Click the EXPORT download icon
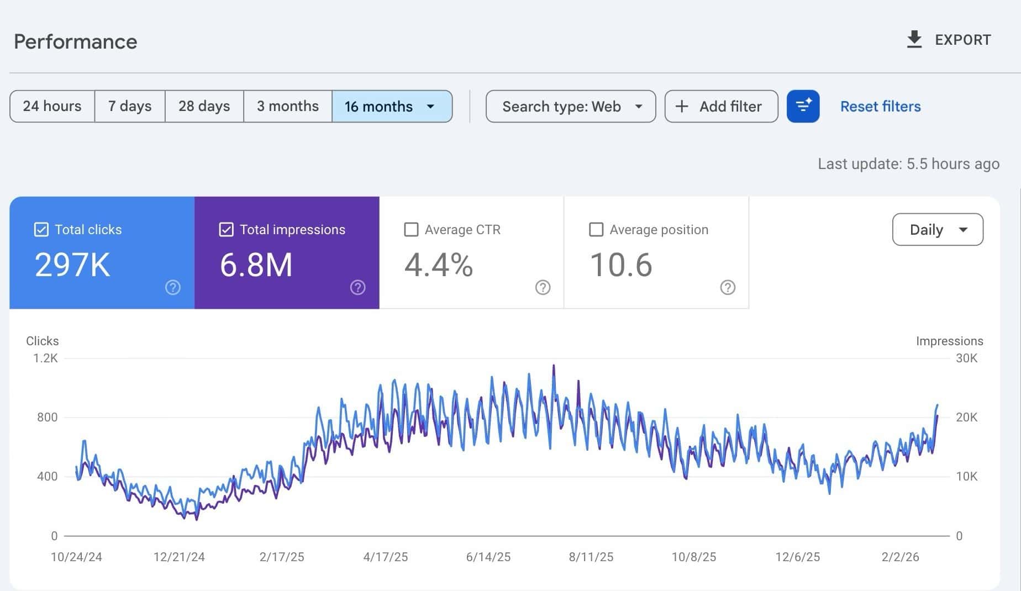[914, 40]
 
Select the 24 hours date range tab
[52, 106]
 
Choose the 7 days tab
[130, 106]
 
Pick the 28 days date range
[204, 106]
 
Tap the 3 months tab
[287, 106]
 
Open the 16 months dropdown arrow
[430, 107]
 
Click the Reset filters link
[880, 106]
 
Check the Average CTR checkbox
[411, 229]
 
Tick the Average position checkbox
[596, 229]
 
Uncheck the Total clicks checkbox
[41, 229]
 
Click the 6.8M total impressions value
[256, 265]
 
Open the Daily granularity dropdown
[937, 229]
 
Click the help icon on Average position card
[728, 287]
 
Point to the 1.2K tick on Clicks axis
[45, 358]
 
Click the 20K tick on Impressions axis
[966, 417]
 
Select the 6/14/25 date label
[488, 557]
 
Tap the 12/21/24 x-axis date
[179, 557]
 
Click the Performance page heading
[76, 42]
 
